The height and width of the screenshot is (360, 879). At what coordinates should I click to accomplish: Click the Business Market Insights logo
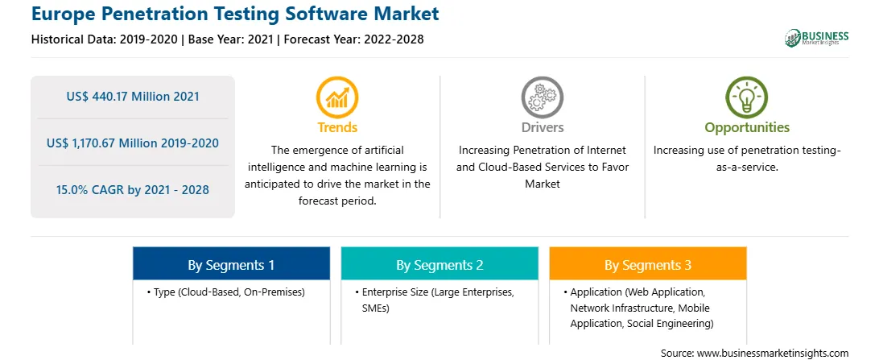point(817,38)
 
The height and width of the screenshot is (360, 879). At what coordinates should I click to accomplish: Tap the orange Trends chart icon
point(337,97)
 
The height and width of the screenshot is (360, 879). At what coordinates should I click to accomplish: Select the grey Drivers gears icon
point(542,97)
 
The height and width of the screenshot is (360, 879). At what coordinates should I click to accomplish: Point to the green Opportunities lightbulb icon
point(747,97)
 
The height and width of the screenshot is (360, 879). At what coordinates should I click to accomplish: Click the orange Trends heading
point(337,127)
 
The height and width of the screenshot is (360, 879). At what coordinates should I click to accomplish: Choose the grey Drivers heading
point(543,127)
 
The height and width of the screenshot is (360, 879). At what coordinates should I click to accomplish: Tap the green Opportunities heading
point(747,128)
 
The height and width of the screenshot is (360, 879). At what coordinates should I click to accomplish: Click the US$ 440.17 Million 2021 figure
point(133,97)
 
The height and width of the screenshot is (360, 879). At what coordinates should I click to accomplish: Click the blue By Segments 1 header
point(232,265)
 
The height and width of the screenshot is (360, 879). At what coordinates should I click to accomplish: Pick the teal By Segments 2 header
point(439,265)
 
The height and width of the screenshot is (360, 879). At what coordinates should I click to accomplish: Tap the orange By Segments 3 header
point(648,265)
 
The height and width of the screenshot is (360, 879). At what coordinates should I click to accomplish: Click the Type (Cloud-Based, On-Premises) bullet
point(226,292)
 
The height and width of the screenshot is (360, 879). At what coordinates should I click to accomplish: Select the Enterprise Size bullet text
point(435,300)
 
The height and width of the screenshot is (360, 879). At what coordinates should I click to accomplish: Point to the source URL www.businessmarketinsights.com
point(773,354)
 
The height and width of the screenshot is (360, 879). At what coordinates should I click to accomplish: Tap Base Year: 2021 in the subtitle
point(230,39)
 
